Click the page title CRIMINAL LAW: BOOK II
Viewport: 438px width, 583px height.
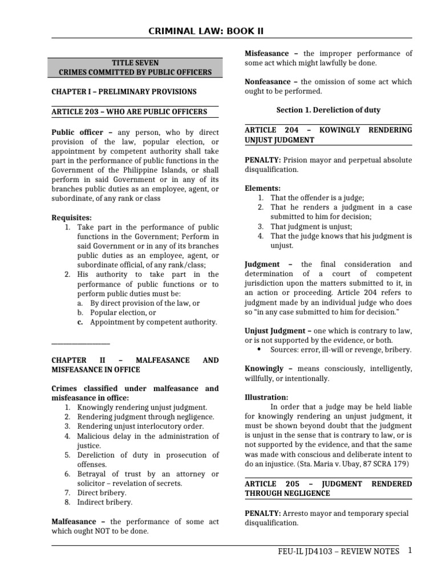click(x=219, y=30)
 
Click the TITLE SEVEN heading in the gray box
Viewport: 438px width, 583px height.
click(x=135, y=63)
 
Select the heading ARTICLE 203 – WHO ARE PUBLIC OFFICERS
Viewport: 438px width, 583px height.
click(x=129, y=112)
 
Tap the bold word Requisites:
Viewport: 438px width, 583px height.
click(x=71, y=217)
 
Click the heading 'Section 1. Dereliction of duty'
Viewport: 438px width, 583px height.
click(x=328, y=110)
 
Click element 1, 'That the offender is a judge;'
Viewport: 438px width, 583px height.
click(x=317, y=198)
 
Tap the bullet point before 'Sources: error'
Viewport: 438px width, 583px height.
click(x=259, y=350)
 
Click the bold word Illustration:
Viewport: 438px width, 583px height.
click(x=266, y=397)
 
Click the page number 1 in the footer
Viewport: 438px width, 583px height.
click(x=409, y=551)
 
